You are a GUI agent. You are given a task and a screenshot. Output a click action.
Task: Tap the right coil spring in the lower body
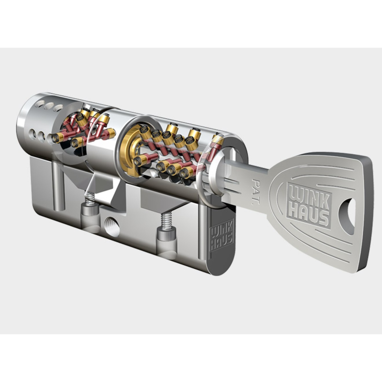click(x=167, y=221)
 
